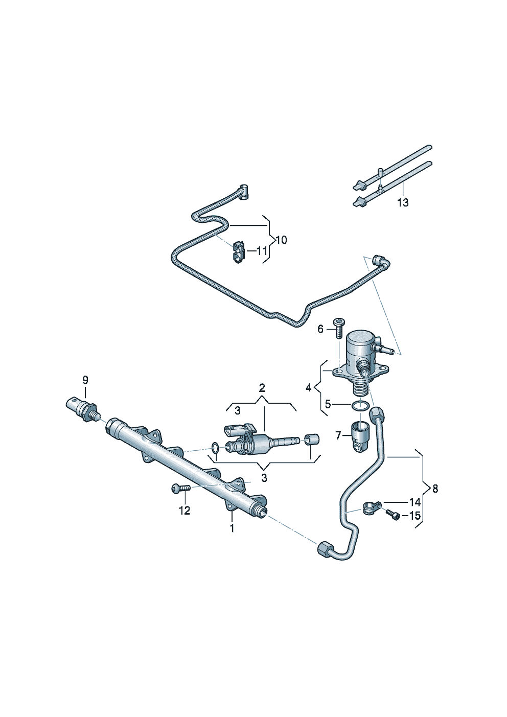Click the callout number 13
[x=403, y=203]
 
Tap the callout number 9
[x=85, y=380]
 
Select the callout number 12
[x=184, y=510]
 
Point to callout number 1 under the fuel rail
[x=232, y=528]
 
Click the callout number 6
[x=320, y=329]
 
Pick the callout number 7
[x=338, y=435]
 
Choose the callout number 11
[x=262, y=251]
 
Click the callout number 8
[x=435, y=489]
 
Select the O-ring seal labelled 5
[x=360, y=406]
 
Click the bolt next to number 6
[x=338, y=327]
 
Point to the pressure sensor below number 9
[x=82, y=408]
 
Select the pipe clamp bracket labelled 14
[x=369, y=507]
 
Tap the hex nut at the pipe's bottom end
[x=324, y=548]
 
